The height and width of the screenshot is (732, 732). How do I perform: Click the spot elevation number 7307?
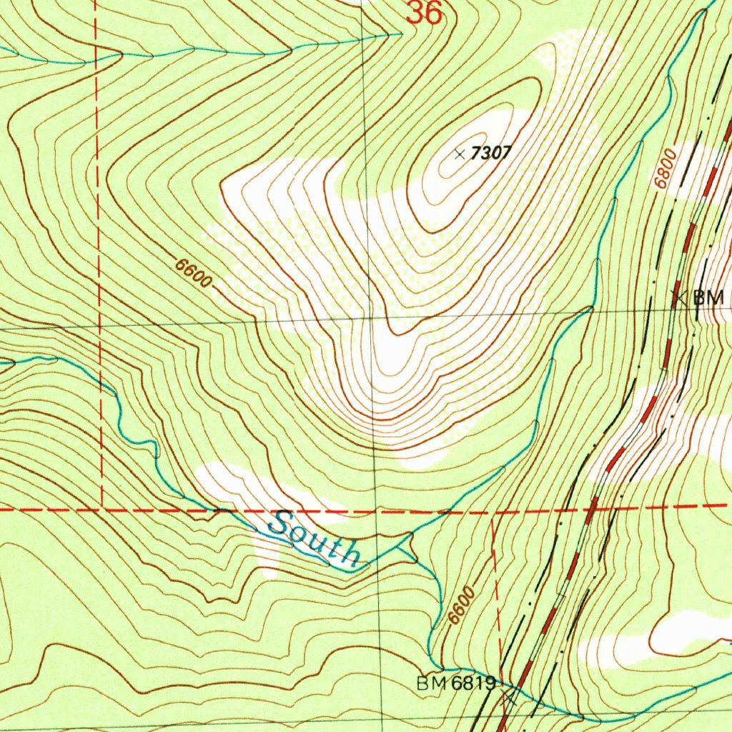click(493, 153)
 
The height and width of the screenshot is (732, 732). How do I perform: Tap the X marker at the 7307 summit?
click(460, 153)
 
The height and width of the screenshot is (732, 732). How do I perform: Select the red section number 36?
click(425, 13)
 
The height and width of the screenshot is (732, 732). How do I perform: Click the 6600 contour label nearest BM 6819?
click(459, 605)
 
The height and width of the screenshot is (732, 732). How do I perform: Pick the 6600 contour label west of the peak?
click(193, 274)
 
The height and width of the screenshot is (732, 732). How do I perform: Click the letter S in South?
click(280, 525)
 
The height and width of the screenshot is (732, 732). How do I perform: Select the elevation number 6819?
click(473, 684)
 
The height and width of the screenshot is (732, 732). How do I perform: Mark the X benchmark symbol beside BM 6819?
click(509, 696)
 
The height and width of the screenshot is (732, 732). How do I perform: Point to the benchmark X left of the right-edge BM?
click(679, 297)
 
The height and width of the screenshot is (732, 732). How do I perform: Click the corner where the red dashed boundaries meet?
click(103, 509)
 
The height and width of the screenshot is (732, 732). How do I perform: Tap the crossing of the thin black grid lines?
click(370, 315)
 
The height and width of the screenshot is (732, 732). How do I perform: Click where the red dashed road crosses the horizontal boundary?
click(592, 508)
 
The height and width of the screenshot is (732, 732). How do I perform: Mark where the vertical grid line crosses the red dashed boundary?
click(375, 511)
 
